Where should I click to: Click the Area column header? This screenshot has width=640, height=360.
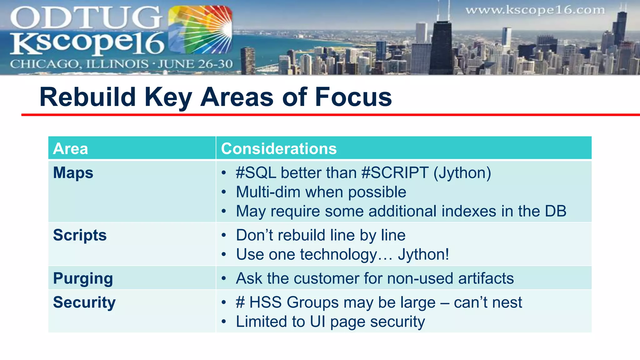pos(71,148)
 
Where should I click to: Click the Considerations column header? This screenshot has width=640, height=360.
pos(279,148)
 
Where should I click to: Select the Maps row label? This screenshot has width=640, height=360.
pos(73,173)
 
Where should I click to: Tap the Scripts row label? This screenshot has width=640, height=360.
pos(80,235)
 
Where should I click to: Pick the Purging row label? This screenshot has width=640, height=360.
pos(83,278)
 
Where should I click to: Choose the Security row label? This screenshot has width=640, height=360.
pos(84,302)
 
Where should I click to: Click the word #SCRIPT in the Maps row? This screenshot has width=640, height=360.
pos(395,173)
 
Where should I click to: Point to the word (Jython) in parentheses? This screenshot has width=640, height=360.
pos(462,173)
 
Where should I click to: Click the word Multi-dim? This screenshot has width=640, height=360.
pos(268,192)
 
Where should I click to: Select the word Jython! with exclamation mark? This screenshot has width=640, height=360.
pos(423,254)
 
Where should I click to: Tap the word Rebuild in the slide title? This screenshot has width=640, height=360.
pos(87,97)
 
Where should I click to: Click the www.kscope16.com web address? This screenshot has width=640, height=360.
pos(535,10)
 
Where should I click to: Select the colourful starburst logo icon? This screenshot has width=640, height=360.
pos(200,30)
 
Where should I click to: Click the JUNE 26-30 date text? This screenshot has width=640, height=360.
pos(195,64)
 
